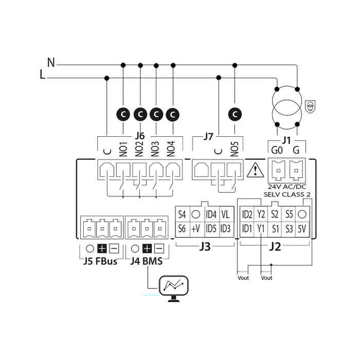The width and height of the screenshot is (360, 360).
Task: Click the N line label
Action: [x=50, y=63]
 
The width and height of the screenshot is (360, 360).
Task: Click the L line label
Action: [x=42, y=75]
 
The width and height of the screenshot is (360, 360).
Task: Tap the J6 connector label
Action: [x=140, y=136]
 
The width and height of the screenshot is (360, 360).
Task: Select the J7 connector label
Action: [x=208, y=136]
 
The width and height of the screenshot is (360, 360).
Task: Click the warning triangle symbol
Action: [x=254, y=170]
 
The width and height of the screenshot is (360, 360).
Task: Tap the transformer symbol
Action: [x=287, y=107]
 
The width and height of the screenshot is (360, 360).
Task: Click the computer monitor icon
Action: [x=173, y=287]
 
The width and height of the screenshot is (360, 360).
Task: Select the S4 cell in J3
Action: [x=182, y=214]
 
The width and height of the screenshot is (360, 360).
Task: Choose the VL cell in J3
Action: [x=225, y=214]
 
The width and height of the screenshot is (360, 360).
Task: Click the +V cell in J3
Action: [x=195, y=228]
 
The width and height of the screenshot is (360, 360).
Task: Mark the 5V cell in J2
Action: [x=303, y=228]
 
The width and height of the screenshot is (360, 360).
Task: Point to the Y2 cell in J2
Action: [x=261, y=214]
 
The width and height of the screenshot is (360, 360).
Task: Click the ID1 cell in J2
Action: [x=247, y=228]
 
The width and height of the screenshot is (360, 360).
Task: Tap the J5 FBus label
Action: [x=100, y=261]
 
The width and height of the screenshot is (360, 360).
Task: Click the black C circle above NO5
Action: [x=235, y=113]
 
